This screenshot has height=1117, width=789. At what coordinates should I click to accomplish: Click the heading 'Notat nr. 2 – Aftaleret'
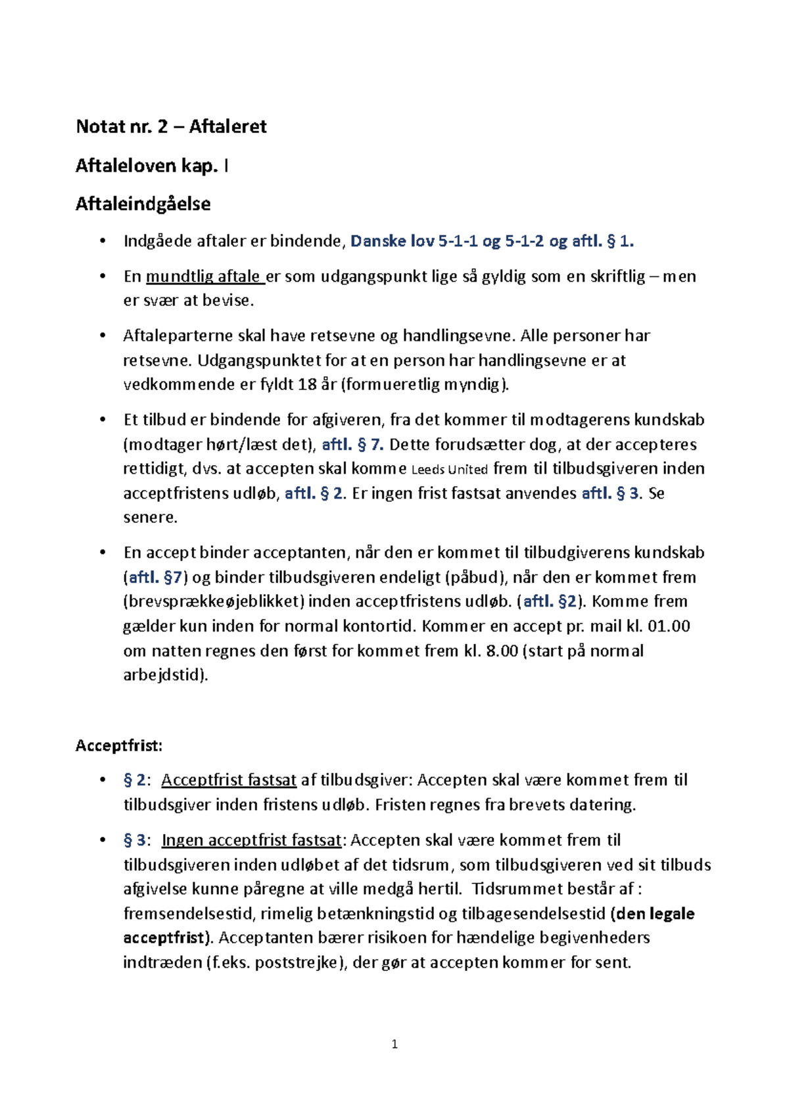171,126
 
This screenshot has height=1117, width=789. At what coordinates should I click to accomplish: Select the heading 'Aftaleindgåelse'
143,204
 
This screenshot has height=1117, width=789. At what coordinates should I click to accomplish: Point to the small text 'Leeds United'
449,470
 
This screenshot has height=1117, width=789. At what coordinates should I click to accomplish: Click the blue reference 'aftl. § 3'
610,493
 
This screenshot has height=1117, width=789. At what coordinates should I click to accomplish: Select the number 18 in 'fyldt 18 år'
307,385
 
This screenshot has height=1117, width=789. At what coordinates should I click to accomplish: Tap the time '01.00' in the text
669,626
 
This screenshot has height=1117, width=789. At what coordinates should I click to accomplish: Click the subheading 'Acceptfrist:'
119,745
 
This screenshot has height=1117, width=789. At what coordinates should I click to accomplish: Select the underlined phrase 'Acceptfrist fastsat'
229,780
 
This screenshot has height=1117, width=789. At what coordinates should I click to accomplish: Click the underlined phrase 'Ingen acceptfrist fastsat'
252,841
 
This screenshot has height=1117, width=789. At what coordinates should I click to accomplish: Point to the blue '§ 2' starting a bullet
135,780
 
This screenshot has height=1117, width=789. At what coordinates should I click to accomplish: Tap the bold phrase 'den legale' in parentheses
655,914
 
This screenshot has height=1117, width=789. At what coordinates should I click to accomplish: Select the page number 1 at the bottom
394,1044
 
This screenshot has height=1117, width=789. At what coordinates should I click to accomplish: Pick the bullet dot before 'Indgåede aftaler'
102,241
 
